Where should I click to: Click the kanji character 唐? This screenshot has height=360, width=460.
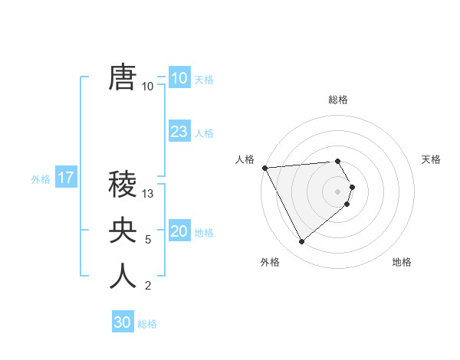123,77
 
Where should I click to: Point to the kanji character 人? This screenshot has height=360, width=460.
123,277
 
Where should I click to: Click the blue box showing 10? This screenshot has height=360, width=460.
179,77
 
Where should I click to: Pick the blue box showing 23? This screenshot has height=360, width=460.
179,131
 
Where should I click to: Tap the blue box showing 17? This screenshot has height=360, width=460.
66,178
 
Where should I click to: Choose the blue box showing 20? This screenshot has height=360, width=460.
179,231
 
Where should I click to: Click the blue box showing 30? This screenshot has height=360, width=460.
123,322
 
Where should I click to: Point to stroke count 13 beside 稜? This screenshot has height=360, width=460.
149,194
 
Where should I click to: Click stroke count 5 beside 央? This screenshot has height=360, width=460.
148,240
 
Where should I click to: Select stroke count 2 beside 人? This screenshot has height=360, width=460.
148,286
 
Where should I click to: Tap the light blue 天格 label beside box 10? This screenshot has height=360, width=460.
204,80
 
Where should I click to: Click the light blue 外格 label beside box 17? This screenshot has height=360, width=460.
41,180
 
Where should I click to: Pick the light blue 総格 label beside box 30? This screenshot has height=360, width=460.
147,325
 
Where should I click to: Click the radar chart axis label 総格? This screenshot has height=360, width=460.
338,100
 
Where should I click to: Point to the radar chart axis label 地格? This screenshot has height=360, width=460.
402,262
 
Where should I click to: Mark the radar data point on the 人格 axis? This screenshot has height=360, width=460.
264,168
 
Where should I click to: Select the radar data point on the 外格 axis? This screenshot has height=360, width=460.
301,241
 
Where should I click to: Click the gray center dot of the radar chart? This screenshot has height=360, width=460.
338,191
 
